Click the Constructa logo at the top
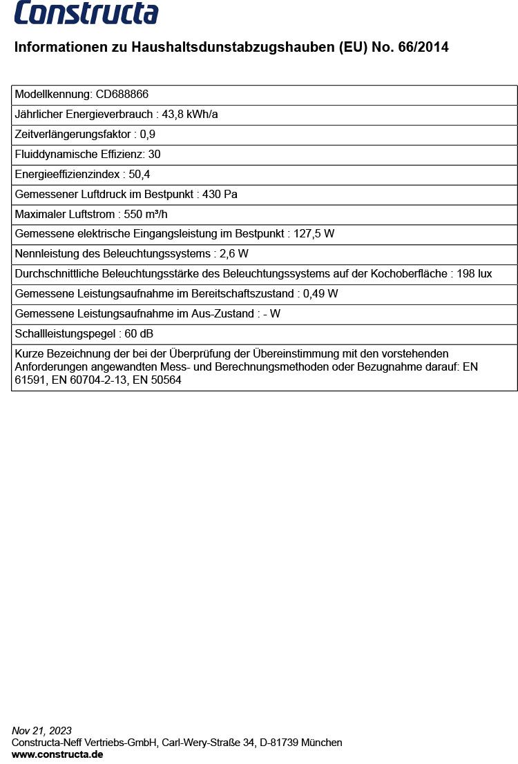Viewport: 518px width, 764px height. pyautogui.click(x=86, y=13)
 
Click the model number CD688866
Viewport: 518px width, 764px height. pyautogui.click(x=122, y=95)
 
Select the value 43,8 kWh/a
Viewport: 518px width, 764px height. pyautogui.click(x=190, y=115)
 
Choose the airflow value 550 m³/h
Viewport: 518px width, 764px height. pyautogui.click(x=146, y=215)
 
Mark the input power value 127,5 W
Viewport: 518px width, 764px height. pyautogui.click(x=314, y=234)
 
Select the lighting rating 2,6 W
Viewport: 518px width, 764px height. pyautogui.click(x=234, y=254)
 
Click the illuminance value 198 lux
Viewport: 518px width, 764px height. pyautogui.click(x=474, y=274)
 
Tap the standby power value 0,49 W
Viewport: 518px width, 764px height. pyautogui.click(x=321, y=294)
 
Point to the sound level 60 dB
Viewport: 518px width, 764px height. pyautogui.click(x=139, y=334)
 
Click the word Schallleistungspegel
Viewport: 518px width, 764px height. pyautogui.click(x=65, y=334)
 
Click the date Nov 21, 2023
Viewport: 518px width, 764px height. pyautogui.click(x=41, y=731)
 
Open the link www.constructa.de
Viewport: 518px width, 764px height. pyautogui.click(x=57, y=754)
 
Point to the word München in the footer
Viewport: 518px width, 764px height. pyautogui.click(x=322, y=743)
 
